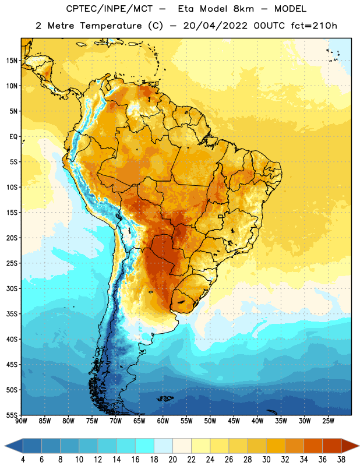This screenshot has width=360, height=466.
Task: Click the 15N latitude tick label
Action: tap(12, 61)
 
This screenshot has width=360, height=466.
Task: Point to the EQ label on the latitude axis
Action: tap(13, 137)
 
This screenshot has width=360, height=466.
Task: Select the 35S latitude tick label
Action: tap(12, 314)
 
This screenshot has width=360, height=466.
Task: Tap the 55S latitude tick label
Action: tap(12, 415)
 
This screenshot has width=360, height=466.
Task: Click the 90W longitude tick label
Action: tap(21, 421)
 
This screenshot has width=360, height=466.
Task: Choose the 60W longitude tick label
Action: tap(163, 421)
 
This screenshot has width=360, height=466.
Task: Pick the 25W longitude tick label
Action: tap(328, 421)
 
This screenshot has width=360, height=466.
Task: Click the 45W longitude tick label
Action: tap(234, 421)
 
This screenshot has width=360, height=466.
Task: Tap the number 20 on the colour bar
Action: tap(172, 460)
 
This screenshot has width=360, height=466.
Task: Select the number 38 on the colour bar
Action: tap(341, 460)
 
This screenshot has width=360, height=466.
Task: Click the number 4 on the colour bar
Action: tap(23, 460)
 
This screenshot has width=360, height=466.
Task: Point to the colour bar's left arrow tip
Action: tap(5, 446)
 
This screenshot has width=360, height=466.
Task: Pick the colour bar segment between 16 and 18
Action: tap(144, 446)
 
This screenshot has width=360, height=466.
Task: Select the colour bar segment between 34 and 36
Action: tap(313, 446)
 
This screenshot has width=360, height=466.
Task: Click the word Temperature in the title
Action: tap(111, 26)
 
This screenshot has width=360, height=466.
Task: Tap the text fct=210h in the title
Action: tap(314, 26)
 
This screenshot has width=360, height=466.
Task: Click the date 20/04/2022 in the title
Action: tap(215, 26)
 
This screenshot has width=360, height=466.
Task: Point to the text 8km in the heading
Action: tap(243, 9)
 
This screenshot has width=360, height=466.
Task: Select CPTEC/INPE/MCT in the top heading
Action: tap(110, 9)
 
